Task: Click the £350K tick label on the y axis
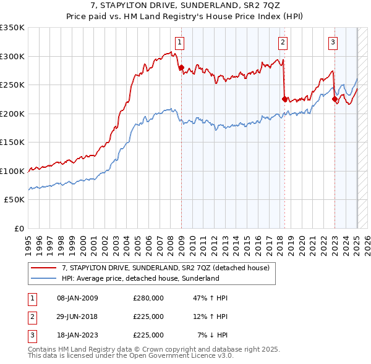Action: point(12,28)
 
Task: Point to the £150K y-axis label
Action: point(12,142)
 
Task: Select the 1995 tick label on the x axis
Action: point(28,241)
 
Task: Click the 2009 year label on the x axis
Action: point(181,241)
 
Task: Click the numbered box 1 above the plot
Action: point(179,43)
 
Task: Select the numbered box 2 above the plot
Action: point(283,43)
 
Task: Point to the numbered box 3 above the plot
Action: point(333,43)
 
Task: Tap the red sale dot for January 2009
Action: point(181,68)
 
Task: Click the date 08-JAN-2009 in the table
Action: point(77,299)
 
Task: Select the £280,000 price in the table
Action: point(148,299)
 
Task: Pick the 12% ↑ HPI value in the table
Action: point(210,316)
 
